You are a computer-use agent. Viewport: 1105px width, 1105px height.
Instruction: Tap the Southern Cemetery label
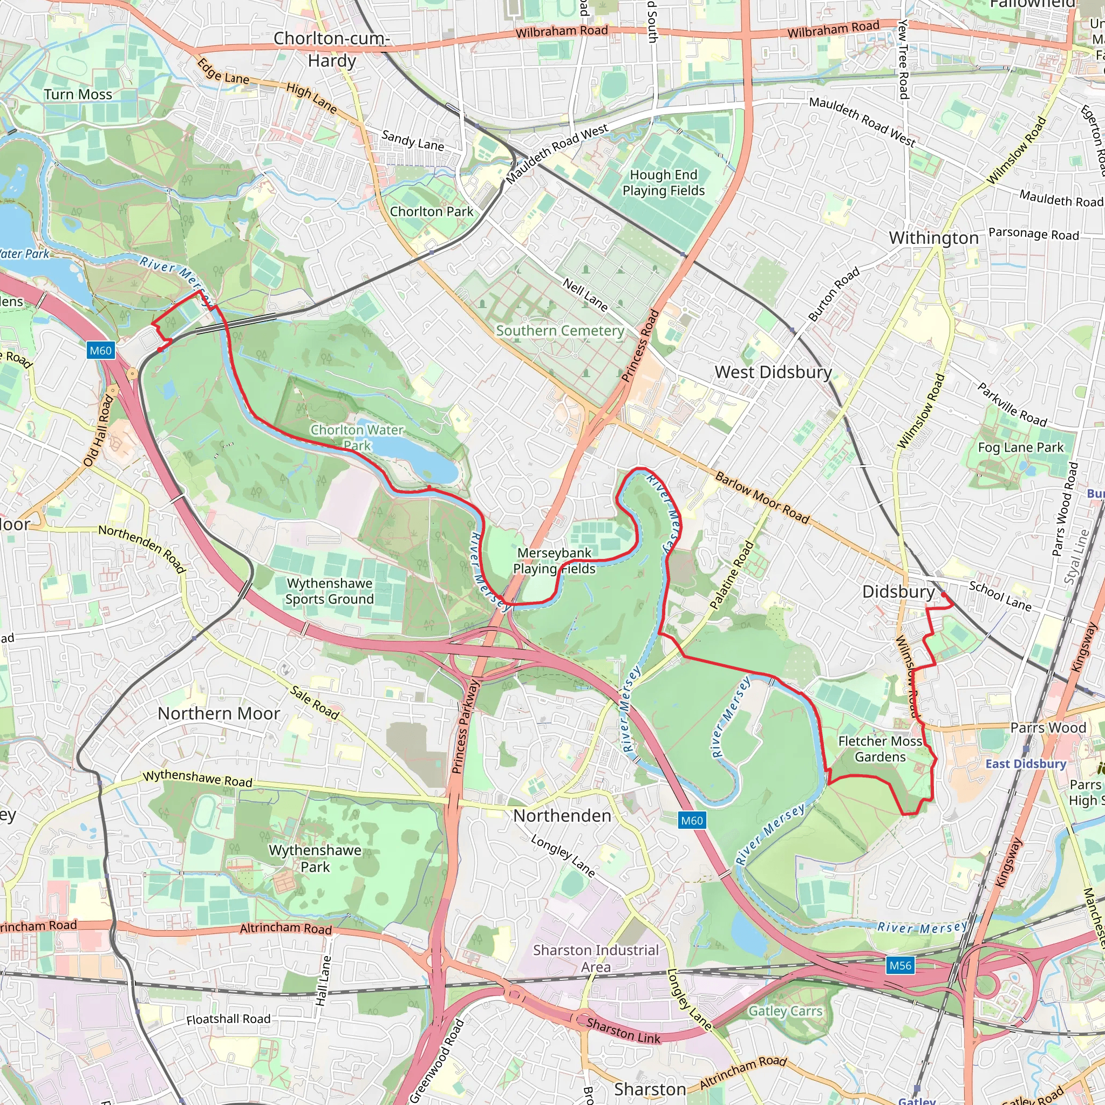click(x=560, y=331)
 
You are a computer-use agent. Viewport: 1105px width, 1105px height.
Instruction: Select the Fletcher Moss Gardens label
click(x=879, y=749)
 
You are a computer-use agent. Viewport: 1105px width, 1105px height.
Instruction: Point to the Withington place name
click(x=933, y=238)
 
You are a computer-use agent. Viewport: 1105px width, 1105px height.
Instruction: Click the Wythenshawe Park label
click(x=315, y=858)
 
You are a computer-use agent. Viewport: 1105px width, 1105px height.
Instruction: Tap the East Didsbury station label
click(x=1026, y=764)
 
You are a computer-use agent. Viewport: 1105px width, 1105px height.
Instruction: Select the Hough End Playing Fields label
click(x=664, y=182)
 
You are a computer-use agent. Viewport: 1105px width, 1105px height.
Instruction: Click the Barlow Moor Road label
click(x=762, y=498)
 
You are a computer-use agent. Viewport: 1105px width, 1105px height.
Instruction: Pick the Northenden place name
click(x=562, y=816)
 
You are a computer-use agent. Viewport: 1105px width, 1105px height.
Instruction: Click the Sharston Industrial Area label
click(x=596, y=958)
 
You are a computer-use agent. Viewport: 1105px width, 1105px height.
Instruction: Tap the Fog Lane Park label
click(x=1020, y=447)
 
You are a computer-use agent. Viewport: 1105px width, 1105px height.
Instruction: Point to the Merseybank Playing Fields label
click(x=554, y=561)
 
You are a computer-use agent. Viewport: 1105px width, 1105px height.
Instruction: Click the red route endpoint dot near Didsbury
click(x=943, y=595)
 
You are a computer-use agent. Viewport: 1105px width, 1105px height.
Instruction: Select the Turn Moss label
click(x=78, y=94)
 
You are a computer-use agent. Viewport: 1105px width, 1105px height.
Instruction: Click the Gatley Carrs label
click(x=785, y=1011)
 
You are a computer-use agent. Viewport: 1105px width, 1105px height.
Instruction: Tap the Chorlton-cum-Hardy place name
click(x=332, y=49)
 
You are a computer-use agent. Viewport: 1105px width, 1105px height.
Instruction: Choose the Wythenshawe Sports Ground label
click(x=330, y=591)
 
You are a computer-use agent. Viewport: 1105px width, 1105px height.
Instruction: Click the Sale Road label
click(x=315, y=702)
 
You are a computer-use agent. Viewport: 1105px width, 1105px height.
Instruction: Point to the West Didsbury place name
click(x=773, y=372)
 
